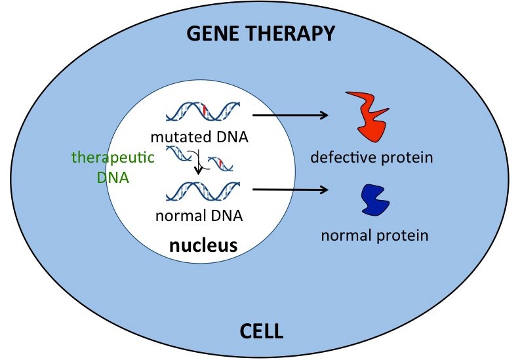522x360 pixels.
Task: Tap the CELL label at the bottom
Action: tap(262, 331)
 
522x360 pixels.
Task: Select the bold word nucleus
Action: tap(203, 245)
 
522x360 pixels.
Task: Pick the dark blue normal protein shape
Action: tap(375, 200)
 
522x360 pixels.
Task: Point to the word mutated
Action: tap(173, 137)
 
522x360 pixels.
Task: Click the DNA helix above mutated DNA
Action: tap(203, 111)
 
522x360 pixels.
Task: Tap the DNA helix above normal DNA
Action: tap(203, 191)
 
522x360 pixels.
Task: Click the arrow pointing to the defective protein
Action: tap(291, 115)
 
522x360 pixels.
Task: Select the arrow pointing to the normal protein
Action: tap(291, 190)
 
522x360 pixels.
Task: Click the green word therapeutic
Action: tap(113, 158)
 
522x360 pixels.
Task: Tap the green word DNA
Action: tap(113, 178)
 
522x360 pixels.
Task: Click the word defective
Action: tap(344, 157)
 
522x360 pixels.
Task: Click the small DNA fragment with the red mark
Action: tap(220, 163)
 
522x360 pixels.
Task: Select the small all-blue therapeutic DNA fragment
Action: tap(179, 153)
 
